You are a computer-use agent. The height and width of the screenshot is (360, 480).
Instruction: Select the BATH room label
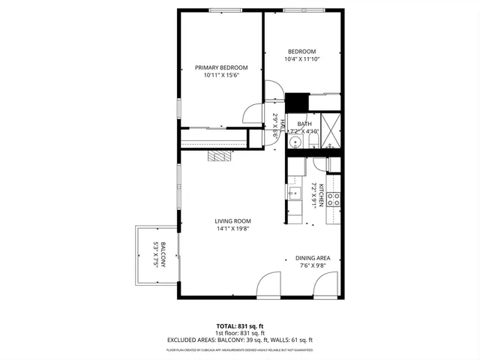pos(304,124)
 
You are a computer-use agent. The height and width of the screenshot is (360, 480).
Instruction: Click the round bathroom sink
pos(295,141)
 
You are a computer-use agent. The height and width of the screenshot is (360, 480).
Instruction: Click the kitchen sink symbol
pos(292,193)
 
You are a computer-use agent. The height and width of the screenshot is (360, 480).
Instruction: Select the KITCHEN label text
pos(321,194)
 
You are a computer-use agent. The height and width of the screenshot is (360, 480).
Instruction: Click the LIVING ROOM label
pos(232,220)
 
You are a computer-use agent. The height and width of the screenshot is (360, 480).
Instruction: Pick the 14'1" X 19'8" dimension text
pos(232,229)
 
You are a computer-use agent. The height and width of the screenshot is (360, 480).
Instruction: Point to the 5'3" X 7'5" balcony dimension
pos(155,255)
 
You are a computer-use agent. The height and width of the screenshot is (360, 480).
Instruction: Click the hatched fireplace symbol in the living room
pos(220,155)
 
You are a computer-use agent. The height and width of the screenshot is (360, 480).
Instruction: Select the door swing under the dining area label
pos(326,286)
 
